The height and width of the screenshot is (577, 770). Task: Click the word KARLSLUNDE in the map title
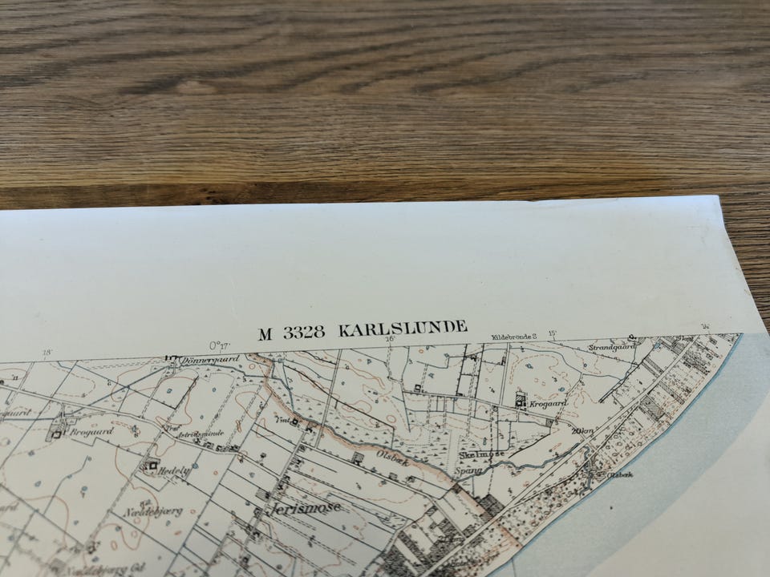pos(403,329)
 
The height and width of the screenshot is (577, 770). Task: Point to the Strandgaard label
pos(611,348)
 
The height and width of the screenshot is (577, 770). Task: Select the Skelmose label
pos(480,454)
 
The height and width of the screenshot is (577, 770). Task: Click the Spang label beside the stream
pos(470,470)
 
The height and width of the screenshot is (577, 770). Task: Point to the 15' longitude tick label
pos(553,333)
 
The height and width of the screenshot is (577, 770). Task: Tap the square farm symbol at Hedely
pos(152,464)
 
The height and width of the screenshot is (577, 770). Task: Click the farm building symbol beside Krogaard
pos(520,399)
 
